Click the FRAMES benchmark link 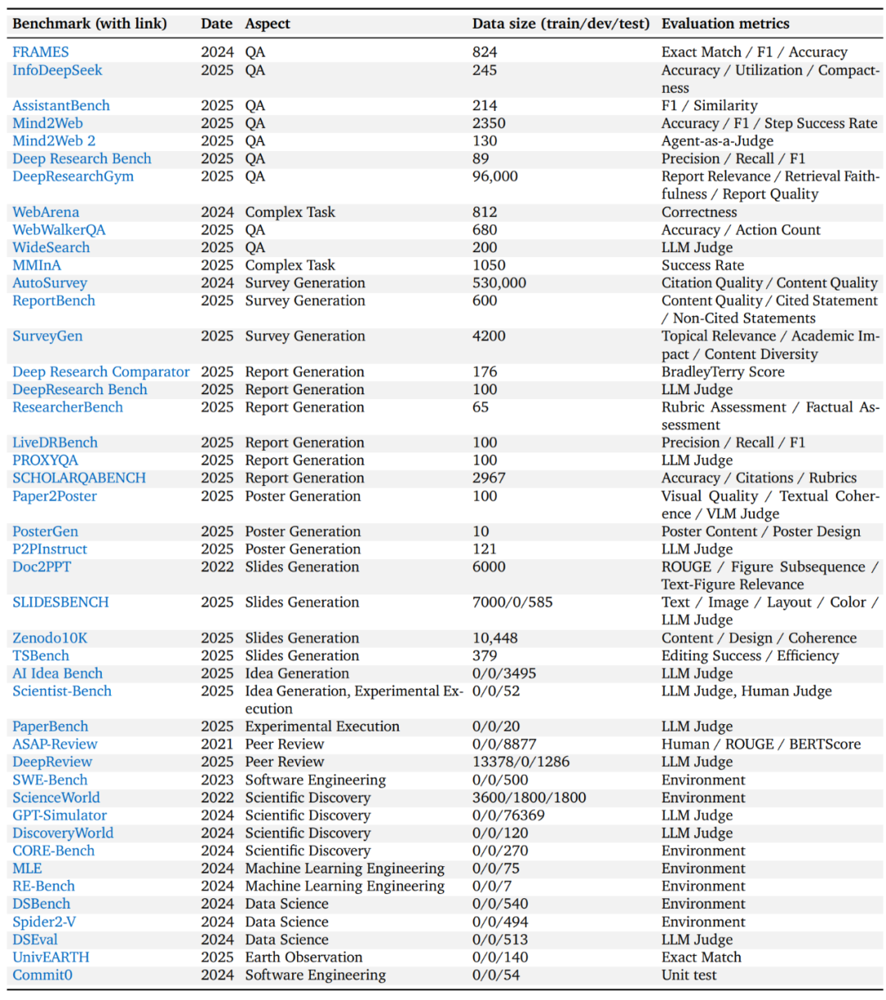[x=40, y=53]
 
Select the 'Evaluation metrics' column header [x=725, y=24]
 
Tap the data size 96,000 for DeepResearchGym [x=495, y=177]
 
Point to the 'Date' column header [x=217, y=24]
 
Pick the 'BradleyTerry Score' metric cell [x=723, y=372]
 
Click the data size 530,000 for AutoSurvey [x=499, y=283]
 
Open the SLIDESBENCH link [x=61, y=603]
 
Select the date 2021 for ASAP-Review [x=217, y=745]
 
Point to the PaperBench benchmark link [x=50, y=727]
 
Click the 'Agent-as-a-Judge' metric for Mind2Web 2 [x=717, y=141]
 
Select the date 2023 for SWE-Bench [x=217, y=780]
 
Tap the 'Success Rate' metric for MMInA [x=702, y=265]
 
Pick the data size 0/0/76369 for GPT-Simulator [x=509, y=815]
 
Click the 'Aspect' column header [x=267, y=24]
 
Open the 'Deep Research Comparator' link [x=101, y=372]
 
